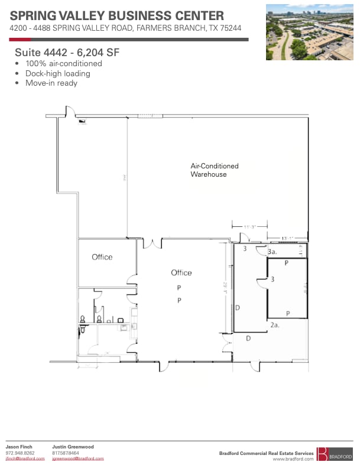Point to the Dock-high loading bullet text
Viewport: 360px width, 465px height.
[x=57, y=73]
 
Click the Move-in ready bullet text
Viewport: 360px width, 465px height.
[x=51, y=83]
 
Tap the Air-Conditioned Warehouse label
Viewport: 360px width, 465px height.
[x=214, y=170]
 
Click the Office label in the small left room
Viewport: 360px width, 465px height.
[x=102, y=257]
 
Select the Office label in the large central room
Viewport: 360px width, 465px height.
[x=181, y=272]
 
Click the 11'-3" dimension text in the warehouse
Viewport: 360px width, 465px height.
[x=249, y=226]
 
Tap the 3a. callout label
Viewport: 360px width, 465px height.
[x=273, y=252]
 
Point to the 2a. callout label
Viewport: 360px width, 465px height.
[x=274, y=325]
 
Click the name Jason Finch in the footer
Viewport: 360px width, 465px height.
[x=19, y=447]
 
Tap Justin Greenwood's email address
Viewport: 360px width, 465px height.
[x=77, y=459]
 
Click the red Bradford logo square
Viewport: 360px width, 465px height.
[x=322, y=454]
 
